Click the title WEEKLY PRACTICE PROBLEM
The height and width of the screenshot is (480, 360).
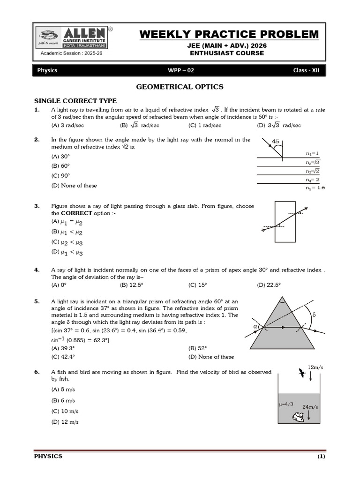(229, 35)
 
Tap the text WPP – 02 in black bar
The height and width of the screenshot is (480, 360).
(180, 70)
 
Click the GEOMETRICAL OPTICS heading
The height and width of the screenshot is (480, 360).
(180, 87)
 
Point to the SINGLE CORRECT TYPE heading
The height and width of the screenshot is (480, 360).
(75, 101)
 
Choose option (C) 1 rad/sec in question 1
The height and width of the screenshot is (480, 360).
(205, 126)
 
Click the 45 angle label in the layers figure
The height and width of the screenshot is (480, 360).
(276, 142)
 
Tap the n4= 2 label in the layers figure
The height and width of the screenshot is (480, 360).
(313, 180)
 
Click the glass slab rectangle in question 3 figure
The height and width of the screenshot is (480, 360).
(285, 221)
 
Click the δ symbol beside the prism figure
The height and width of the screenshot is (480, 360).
(314, 315)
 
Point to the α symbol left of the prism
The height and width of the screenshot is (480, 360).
(255, 326)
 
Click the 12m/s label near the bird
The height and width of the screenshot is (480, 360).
(315, 367)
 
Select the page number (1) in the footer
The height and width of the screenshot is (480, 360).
(321, 457)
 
